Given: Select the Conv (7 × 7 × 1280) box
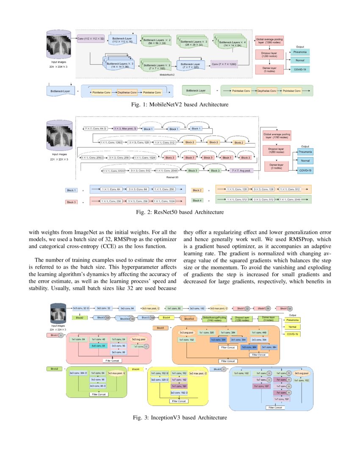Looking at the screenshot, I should [224, 64].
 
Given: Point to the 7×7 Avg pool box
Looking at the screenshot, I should [241, 170].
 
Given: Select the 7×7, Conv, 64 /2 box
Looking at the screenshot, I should [95, 128].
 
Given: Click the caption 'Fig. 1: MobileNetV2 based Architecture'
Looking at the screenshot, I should [180, 104].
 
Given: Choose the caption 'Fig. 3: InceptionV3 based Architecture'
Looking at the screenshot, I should [180, 418].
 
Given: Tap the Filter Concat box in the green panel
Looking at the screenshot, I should [97, 394].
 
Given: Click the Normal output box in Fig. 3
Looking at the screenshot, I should [291, 327].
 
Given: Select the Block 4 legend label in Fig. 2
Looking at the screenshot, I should [197, 200].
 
